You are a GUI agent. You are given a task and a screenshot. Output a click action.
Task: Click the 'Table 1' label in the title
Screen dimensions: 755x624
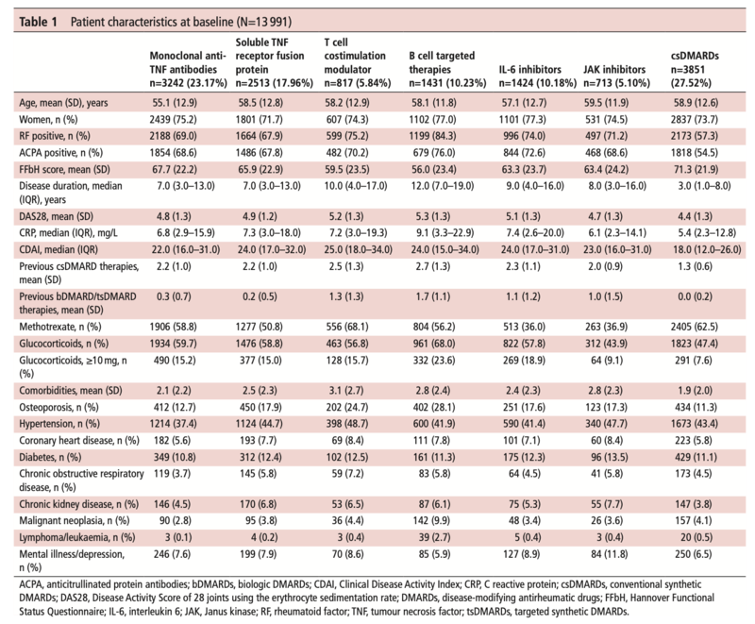click(38, 22)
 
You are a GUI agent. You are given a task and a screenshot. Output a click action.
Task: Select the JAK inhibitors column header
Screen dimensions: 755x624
click(616, 76)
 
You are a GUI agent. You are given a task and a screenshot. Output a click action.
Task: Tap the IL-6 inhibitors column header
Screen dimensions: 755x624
click(537, 76)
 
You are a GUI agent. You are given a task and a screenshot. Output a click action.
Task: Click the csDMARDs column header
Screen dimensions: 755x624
click(695, 69)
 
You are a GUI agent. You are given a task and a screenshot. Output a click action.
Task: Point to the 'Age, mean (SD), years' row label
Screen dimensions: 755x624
click(63, 103)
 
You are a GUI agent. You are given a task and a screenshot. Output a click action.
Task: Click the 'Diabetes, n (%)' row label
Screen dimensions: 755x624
click(50, 457)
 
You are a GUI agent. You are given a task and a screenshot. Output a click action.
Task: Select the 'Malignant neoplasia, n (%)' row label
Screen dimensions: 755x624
click(75, 520)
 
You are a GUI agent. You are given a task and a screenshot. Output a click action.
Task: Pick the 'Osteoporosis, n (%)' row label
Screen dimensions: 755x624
click(59, 407)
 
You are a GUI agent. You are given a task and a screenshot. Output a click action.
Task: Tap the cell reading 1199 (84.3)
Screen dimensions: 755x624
click(432, 136)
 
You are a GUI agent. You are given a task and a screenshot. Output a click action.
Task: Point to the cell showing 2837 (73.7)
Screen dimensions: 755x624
click(695, 119)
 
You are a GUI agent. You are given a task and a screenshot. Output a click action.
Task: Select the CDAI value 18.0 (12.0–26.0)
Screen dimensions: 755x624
click(707, 249)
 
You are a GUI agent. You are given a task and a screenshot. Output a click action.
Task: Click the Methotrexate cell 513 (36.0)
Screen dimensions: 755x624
click(523, 327)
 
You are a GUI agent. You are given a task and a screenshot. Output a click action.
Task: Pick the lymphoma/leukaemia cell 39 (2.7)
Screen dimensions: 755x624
click(434, 537)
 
